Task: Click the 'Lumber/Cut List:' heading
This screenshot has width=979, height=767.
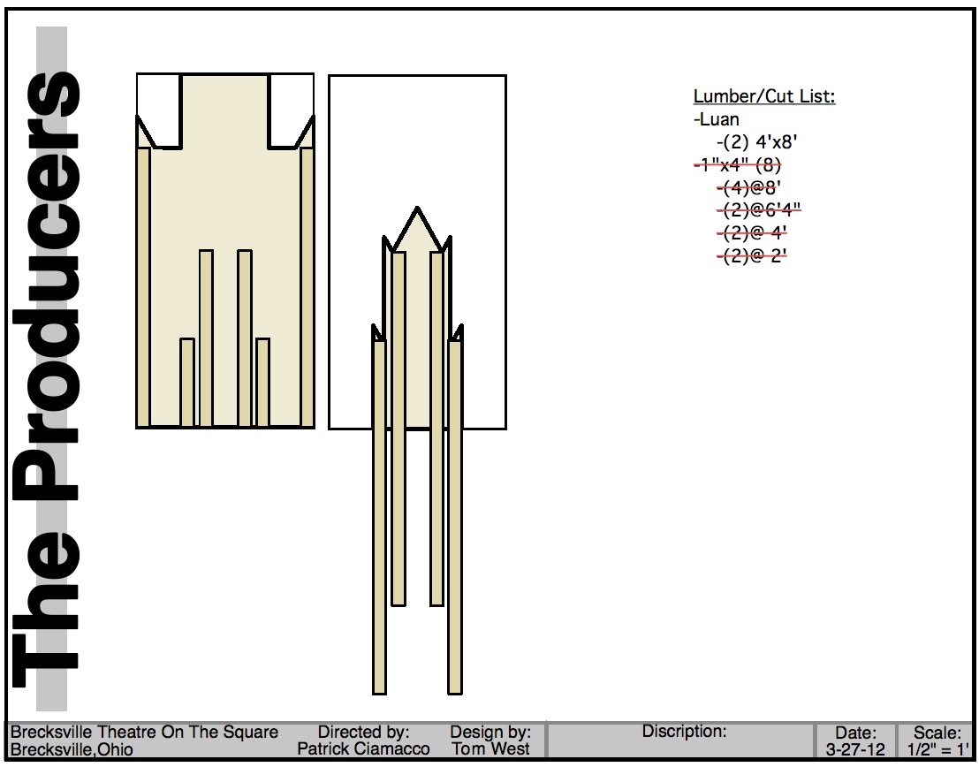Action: click(764, 96)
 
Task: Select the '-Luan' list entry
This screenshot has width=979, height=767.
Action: click(717, 119)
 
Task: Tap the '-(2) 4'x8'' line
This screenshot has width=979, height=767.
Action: click(756, 142)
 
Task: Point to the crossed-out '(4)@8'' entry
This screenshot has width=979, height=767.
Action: click(749, 187)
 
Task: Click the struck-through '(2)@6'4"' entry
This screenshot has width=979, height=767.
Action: click(759, 209)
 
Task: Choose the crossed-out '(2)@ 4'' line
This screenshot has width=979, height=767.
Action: click(752, 233)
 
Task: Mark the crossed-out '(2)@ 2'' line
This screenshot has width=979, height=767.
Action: click(752, 255)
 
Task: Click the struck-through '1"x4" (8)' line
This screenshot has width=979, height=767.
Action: click(738, 165)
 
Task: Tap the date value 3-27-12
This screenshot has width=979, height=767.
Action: click(855, 749)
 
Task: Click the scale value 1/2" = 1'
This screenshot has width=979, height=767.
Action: click(937, 749)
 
